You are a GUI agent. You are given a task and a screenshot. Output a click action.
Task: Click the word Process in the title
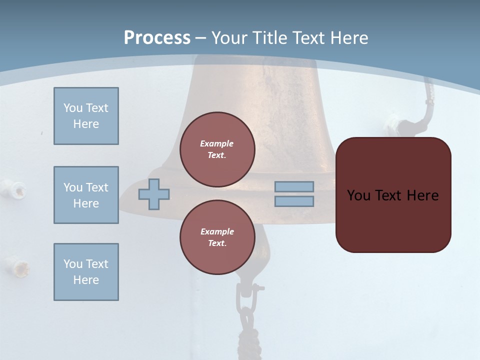(157, 38)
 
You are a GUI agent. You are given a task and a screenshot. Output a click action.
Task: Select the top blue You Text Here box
(86, 116)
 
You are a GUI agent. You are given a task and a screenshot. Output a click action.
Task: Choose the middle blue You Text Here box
(86, 195)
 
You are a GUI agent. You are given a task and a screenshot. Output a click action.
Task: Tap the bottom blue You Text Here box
(86, 271)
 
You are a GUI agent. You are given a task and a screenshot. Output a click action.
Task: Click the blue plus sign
(154, 194)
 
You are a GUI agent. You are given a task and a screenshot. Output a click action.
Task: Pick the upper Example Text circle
(217, 149)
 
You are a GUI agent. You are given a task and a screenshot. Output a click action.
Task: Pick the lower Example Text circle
(217, 237)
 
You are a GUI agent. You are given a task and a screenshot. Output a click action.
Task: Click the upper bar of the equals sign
(294, 186)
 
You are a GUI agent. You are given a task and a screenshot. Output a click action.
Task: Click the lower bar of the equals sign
(294, 201)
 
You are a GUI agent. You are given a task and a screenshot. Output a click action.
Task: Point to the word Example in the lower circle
(217, 231)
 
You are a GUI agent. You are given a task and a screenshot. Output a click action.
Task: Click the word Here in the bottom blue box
(86, 280)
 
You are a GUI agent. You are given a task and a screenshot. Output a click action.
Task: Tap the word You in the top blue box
(72, 108)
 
